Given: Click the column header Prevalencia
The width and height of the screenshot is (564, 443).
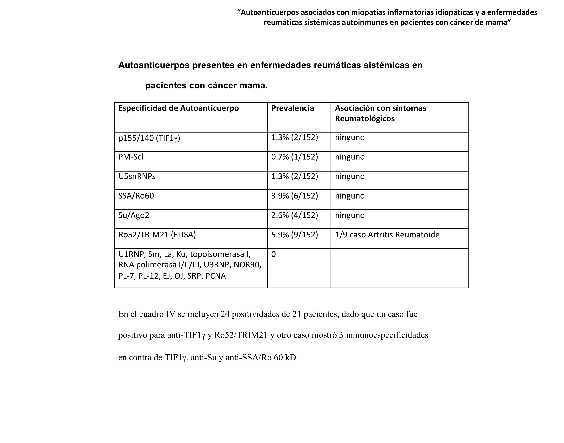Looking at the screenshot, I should click(x=292, y=108).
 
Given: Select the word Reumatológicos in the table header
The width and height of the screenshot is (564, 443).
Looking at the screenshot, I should click(x=365, y=119).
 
